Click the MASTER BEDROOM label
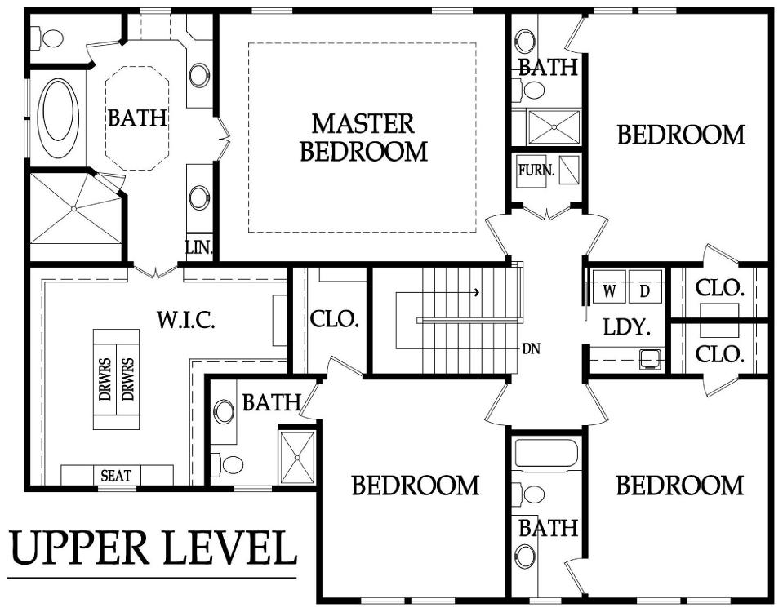364,138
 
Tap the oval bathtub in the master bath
59,117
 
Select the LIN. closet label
199,247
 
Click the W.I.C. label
186,320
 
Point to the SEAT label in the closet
117,476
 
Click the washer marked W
609,286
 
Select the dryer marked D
645,286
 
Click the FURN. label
536,171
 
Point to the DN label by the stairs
532,348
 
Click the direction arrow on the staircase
438,291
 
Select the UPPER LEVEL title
153,548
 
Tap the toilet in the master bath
47,38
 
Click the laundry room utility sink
651,359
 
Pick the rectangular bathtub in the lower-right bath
546,454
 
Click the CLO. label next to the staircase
335,319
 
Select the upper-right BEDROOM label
681,135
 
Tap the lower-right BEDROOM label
679,486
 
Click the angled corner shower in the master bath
76,209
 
